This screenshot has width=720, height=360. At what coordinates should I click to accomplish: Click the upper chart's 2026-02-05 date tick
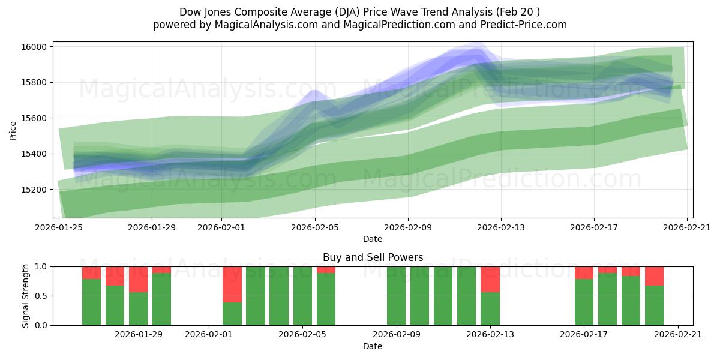click(x=315, y=227)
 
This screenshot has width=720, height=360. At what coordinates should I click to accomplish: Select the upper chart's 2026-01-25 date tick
click(x=59, y=227)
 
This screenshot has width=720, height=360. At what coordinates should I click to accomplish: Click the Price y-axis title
click(x=13, y=130)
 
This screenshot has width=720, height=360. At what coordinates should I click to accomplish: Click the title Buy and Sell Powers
click(x=373, y=257)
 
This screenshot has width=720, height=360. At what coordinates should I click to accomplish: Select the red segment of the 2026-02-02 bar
click(x=232, y=284)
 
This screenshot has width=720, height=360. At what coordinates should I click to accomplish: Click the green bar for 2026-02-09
click(x=396, y=296)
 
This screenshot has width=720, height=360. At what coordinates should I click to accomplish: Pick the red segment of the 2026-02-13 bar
click(x=490, y=279)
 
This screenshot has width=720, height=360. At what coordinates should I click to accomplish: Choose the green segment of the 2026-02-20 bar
click(x=654, y=305)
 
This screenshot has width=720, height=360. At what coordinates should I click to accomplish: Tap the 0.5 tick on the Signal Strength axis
click(x=40, y=296)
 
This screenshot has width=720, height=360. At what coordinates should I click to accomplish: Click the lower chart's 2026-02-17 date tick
click(x=584, y=334)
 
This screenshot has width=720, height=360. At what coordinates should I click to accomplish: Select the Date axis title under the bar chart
click(x=373, y=346)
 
